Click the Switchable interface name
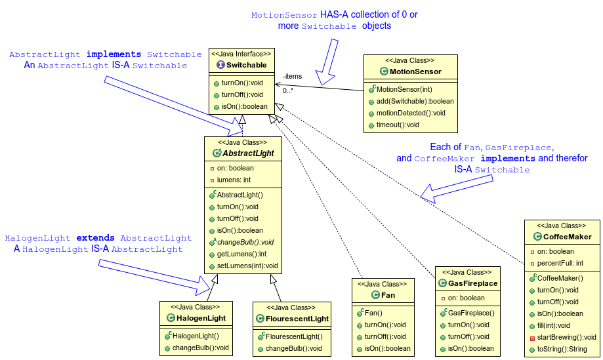coord(247,65)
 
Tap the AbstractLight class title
coord(247,153)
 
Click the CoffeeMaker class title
coord(567,237)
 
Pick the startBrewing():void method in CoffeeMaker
coord(566,337)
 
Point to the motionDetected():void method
coord(411,113)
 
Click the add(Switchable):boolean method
coord(415,101)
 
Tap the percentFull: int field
coord(560,263)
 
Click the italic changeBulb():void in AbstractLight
coord(245,242)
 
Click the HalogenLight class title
coord(200,318)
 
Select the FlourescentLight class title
coord(293,319)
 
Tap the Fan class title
coord(388,295)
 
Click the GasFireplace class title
coord(472,283)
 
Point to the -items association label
coord(292,77)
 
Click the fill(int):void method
coord(554,325)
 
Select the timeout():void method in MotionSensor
coord(398,125)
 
